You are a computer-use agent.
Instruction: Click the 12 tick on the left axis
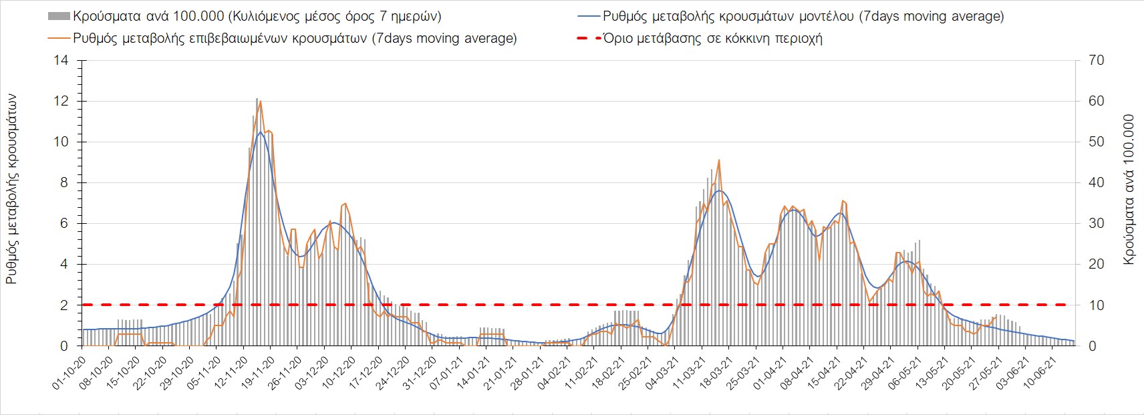point(63,102)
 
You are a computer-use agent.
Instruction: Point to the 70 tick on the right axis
point(1097,61)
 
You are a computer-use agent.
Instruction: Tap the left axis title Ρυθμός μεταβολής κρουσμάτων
point(12,189)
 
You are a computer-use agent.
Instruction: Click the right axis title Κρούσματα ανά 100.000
point(1130,189)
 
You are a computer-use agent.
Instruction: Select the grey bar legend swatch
point(58,16)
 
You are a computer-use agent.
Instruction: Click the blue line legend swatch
point(586,16)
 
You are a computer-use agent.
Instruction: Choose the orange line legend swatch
point(58,38)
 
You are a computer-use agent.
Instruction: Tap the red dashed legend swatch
point(586,38)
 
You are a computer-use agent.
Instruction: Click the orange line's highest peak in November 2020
point(260,102)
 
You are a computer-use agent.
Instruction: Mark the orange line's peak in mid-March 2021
point(718,160)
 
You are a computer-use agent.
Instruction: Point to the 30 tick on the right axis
point(1097,224)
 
